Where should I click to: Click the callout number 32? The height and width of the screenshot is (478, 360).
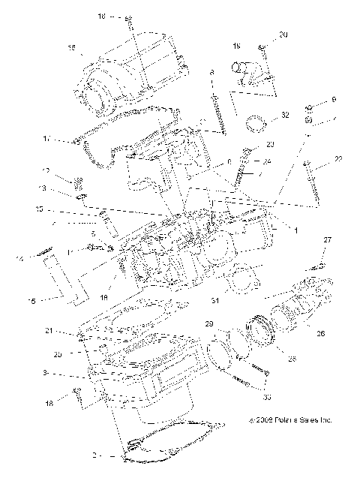[x=284, y=116]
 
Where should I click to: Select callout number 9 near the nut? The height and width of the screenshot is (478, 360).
[x=334, y=100]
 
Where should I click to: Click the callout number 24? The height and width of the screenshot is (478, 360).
[x=268, y=161]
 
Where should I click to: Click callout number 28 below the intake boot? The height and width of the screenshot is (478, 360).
[x=292, y=359]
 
